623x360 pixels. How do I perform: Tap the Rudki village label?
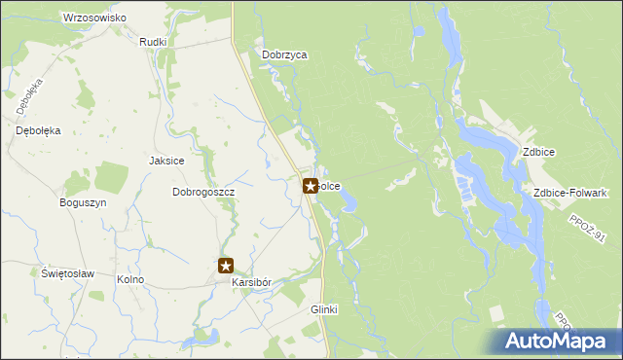(154, 42)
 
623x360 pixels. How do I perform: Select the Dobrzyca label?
(284, 55)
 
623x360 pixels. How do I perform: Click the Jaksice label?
(166, 161)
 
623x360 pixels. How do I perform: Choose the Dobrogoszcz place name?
(204, 192)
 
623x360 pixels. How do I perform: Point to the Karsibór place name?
(251, 282)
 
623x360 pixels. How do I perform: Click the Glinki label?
(323, 308)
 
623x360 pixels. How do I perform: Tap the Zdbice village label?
(538, 152)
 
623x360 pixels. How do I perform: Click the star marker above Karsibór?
(226, 265)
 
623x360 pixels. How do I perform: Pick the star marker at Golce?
(311, 185)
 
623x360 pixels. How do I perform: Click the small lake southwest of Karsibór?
(205, 337)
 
